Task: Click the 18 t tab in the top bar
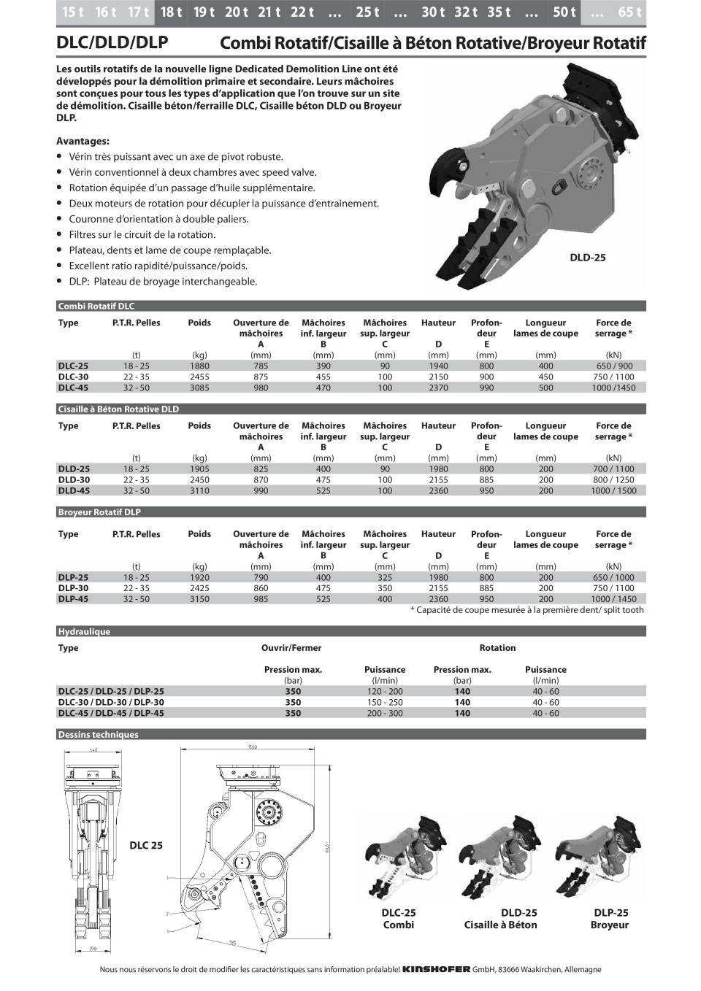[171, 12]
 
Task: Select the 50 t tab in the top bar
[564, 12]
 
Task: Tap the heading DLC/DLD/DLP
[112, 43]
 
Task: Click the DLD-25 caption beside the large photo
[587, 258]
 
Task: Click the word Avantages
[83, 141]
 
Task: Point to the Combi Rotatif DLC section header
[96, 306]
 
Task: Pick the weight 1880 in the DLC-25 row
[199, 366]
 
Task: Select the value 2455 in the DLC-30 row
[199, 377]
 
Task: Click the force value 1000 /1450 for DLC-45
[613, 388]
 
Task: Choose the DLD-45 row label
[74, 491]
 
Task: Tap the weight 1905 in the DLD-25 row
[199, 469]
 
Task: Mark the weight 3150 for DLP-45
[199, 599]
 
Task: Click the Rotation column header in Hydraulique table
[497, 648]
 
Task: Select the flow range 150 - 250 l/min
[385, 703]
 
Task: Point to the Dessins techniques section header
[98, 735]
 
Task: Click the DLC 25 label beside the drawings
[146, 846]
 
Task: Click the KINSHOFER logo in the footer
[436, 970]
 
